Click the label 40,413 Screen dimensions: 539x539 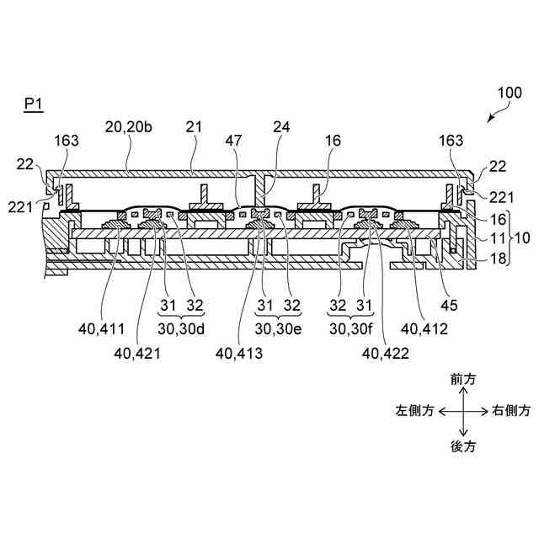(x=239, y=355)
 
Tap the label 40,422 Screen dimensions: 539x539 (x=385, y=355)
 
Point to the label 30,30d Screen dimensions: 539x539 (x=181, y=328)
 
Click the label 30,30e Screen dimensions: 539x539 (x=279, y=328)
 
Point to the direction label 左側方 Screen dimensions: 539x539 (x=415, y=411)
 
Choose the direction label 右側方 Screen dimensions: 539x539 (x=511, y=411)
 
